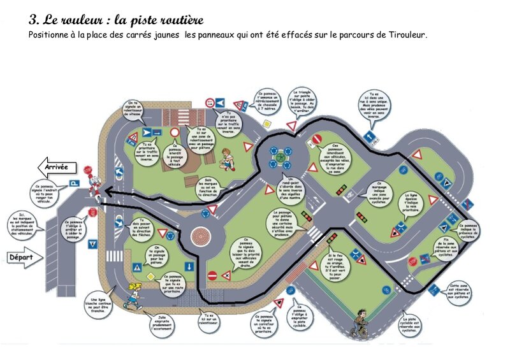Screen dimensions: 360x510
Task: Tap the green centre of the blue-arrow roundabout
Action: tap(281, 157)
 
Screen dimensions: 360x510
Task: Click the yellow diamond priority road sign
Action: tap(151, 275)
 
